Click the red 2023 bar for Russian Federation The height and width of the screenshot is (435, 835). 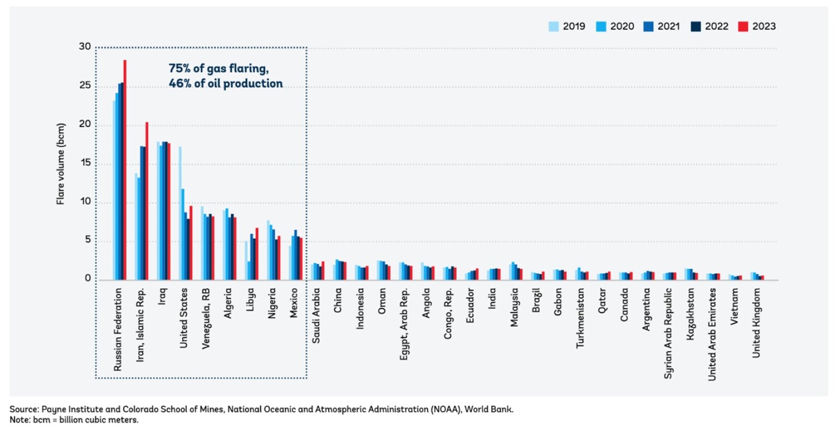click(125, 170)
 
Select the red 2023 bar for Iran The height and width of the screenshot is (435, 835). click(147, 201)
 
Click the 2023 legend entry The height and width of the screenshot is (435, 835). click(757, 27)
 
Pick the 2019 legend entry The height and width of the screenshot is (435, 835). click(567, 27)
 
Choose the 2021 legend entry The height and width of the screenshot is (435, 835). click(662, 27)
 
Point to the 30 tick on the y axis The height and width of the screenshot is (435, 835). click(85, 47)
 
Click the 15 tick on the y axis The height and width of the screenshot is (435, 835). click(85, 163)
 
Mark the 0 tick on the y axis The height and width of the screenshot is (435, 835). click(88, 279)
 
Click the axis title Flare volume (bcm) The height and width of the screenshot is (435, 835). click(61, 164)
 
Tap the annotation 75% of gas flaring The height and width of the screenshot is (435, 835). click(218, 69)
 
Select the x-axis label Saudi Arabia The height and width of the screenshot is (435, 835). click(316, 316)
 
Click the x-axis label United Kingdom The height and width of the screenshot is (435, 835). click(756, 323)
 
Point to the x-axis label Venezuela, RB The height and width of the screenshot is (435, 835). click(206, 318)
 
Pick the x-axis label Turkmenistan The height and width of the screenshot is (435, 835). click(580, 318)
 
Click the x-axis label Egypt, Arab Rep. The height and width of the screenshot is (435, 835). click(404, 323)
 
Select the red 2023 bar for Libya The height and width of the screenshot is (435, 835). click(257, 253)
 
